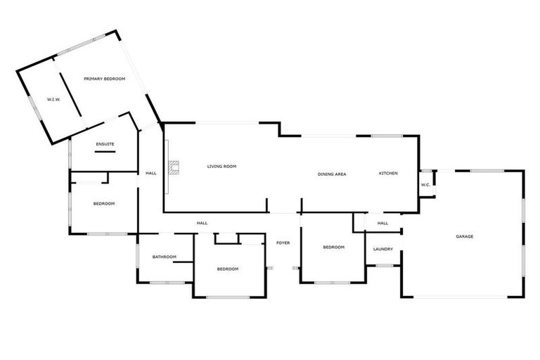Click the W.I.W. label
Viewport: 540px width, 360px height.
[53, 99]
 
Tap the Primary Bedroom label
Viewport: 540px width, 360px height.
[104, 79]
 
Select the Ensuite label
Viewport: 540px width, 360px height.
[105, 144]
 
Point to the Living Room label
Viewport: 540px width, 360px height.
[221, 167]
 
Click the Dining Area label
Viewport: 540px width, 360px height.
[332, 174]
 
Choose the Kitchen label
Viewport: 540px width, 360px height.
[389, 173]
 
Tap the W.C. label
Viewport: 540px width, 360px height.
[425, 185]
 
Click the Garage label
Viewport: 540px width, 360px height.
[464, 236]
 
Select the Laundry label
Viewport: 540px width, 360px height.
[383, 249]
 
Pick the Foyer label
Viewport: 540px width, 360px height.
[283, 243]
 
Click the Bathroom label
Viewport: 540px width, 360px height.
[165, 257]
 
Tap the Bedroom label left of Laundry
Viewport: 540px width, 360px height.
[333, 247]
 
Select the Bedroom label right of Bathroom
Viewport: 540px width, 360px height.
[228, 269]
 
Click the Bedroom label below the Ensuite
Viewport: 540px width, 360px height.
[104, 203]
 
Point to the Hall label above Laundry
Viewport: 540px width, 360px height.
[382, 223]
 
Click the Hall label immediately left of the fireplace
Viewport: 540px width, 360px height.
[151, 173]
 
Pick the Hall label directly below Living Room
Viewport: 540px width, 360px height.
[202, 223]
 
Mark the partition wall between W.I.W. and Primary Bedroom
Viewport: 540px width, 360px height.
[68, 96]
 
